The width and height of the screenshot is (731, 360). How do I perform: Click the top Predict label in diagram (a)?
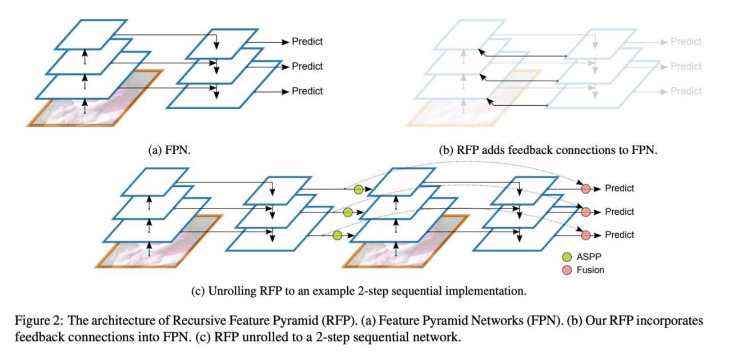307,41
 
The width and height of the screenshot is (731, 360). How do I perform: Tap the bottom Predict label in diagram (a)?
307,91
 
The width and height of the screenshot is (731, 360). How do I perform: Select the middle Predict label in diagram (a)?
307,66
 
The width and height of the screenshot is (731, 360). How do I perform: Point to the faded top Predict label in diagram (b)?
686,41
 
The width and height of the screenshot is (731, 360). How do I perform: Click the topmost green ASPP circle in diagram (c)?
358,189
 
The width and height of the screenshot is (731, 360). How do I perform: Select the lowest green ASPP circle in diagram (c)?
337,235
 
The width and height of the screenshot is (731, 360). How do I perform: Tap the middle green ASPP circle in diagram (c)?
347,213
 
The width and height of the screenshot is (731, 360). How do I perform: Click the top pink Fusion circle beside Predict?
585,189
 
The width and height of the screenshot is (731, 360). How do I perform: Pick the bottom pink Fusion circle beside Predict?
585,235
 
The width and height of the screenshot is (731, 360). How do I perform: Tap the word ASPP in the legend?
589,257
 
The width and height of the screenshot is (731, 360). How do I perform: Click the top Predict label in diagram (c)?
620,189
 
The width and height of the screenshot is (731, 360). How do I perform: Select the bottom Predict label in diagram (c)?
620,235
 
